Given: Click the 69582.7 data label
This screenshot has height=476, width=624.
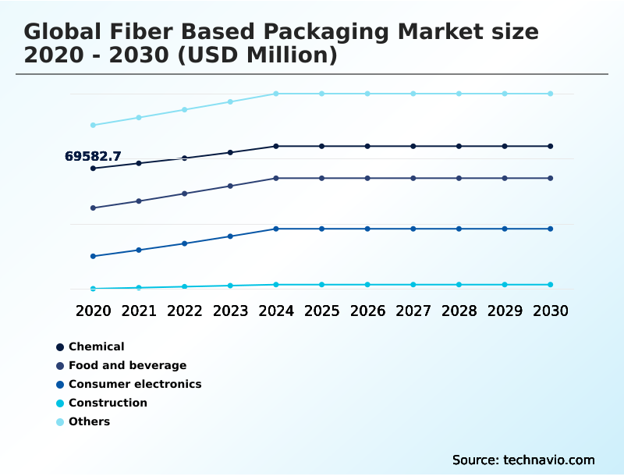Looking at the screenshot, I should [93, 157].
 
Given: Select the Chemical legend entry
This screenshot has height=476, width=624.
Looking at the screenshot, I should [96, 346].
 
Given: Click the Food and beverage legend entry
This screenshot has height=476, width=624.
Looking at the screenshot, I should [127, 365].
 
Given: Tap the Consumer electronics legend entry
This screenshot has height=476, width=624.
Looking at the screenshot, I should [134, 384].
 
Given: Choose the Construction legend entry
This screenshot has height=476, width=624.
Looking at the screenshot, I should [108, 403].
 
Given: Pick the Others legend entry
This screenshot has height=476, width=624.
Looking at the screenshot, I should [89, 421].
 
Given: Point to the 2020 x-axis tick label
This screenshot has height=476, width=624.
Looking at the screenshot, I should [93, 311].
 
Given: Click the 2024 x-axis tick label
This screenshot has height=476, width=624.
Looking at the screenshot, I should [276, 311].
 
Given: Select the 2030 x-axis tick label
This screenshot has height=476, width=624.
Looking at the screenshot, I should [550, 311].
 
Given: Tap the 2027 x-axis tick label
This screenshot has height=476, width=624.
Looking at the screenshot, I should [413, 311].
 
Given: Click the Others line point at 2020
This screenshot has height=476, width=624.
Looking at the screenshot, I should [93, 125].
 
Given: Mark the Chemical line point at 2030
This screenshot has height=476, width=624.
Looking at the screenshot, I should [550, 146].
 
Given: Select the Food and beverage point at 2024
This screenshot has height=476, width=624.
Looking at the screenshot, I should [276, 178].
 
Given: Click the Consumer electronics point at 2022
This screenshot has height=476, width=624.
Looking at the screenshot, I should [185, 243].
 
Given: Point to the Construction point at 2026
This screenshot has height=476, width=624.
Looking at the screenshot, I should [367, 285].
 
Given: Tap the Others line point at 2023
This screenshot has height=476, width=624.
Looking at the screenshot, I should [230, 101].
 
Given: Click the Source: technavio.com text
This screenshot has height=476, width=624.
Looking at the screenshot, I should [523, 460].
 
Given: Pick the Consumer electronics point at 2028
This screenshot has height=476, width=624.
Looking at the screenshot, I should [459, 229].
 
